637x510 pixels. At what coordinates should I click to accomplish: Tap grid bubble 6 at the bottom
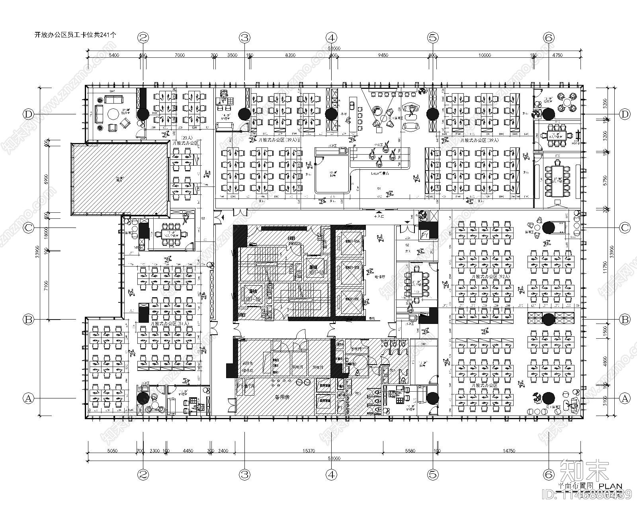click(x=549, y=474)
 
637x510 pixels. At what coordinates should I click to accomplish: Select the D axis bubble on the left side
click(x=28, y=114)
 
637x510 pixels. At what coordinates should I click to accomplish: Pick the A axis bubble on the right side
click(x=625, y=398)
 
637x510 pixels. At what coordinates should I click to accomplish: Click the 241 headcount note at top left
click(x=75, y=35)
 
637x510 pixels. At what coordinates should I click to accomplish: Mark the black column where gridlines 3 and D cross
click(x=244, y=114)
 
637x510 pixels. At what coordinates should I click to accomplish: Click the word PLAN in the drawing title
click(x=610, y=486)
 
